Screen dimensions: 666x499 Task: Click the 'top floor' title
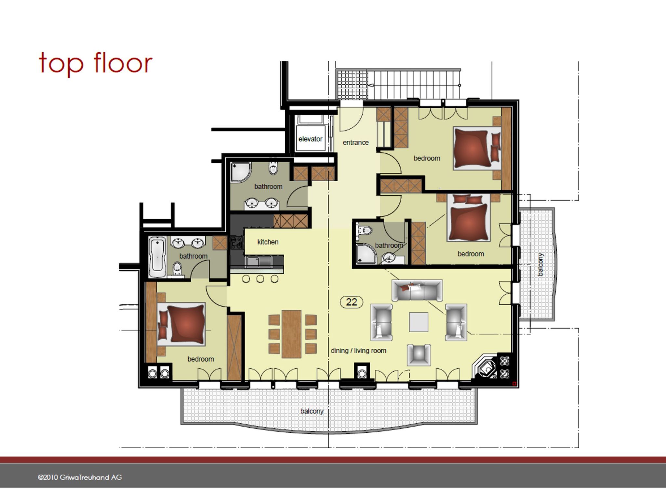(x=96, y=63)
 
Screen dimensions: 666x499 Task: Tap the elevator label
(x=310, y=139)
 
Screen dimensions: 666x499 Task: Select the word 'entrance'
(x=356, y=142)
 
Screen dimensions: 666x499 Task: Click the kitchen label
(x=268, y=242)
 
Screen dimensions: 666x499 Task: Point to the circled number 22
(x=352, y=302)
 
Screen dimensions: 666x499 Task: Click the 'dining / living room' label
(x=358, y=351)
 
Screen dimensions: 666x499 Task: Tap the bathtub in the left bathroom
(x=158, y=257)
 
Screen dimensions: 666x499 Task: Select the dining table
(x=291, y=334)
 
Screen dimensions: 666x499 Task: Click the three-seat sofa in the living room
(x=417, y=290)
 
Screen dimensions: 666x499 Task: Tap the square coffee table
(x=419, y=322)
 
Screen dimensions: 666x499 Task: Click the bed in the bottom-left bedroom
(x=181, y=324)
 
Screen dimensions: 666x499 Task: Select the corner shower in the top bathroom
(x=241, y=172)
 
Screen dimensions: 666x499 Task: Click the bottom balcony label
(x=312, y=411)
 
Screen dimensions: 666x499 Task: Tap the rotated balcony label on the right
(x=540, y=265)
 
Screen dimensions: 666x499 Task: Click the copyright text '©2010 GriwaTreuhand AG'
(x=80, y=477)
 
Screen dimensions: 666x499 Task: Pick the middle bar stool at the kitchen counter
(x=260, y=279)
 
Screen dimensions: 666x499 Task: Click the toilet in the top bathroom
(x=273, y=168)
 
